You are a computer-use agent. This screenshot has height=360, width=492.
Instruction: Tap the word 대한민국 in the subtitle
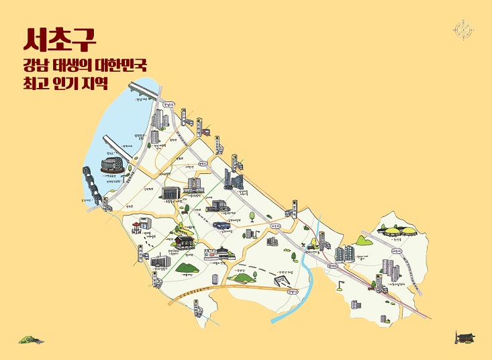119,66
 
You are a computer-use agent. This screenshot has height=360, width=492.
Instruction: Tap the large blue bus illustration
221,226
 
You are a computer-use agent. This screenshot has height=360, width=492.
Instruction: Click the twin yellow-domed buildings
397,232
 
